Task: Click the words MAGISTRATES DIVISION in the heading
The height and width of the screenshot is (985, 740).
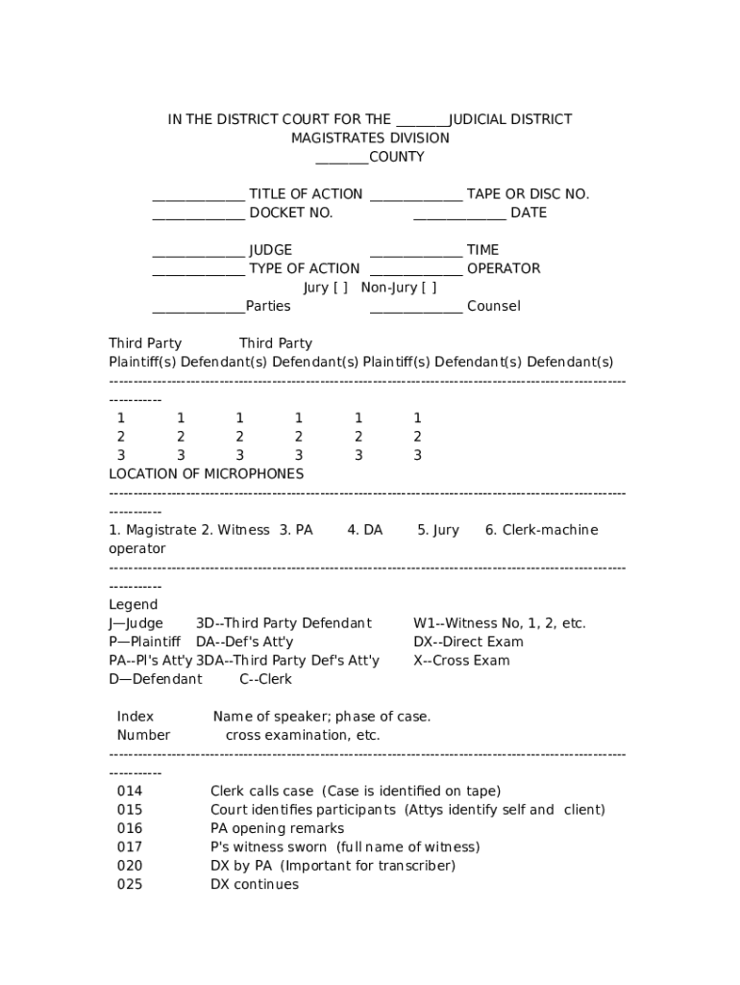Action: pyautogui.click(x=370, y=138)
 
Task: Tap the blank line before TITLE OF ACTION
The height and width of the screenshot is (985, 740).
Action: pyautogui.click(x=198, y=195)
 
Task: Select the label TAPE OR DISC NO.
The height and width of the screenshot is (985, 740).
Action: pyautogui.click(x=528, y=194)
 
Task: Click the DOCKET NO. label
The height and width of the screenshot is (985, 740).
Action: pyautogui.click(x=290, y=213)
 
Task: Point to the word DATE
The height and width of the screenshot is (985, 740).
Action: pyautogui.click(x=528, y=213)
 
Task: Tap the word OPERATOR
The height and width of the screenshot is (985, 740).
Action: pyautogui.click(x=503, y=268)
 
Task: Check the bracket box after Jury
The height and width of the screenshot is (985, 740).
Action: pyautogui.click(x=340, y=288)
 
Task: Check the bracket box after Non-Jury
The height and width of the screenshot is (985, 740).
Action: pyautogui.click(x=429, y=288)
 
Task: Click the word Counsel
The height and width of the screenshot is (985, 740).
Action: pyautogui.click(x=493, y=306)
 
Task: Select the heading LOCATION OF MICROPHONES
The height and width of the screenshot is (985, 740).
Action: pyautogui.click(x=206, y=473)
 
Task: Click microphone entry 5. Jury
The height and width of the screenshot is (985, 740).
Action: pyautogui.click(x=437, y=530)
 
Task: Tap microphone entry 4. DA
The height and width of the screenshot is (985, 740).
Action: pyautogui.click(x=364, y=530)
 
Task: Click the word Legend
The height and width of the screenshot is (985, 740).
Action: pyautogui.click(x=133, y=605)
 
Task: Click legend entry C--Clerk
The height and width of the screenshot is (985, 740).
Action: pyautogui.click(x=265, y=679)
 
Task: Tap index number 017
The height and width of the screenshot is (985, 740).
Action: pyautogui.click(x=129, y=846)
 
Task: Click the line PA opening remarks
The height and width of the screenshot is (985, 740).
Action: pyautogui.click(x=277, y=828)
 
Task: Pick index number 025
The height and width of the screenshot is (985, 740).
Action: pyautogui.click(x=129, y=884)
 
